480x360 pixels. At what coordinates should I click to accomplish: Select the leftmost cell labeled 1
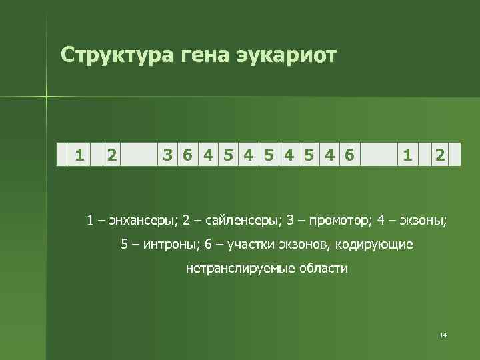coord(80,155)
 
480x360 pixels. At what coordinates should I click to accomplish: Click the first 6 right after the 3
coord(189,155)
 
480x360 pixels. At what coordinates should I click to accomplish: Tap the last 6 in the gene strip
coord(349,155)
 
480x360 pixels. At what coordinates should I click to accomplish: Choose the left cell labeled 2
coord(112,155)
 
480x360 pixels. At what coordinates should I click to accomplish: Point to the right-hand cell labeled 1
coord(407,155)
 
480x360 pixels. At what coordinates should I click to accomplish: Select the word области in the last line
coord(325,269)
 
